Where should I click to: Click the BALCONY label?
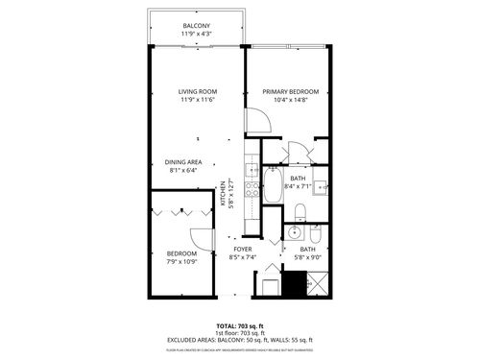click(x=196, y=26)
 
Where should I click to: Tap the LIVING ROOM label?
click(x=196, y=92)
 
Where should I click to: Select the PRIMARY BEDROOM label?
click(x=291, y=92)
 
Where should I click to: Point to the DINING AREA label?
click(x=182, y=162)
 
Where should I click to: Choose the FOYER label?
click(x=241, y=249)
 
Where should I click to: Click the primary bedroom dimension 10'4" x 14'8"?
click(x=291, y=101)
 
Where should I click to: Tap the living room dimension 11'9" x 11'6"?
click(x=196, y=101)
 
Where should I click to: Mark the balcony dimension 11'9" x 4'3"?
click(x=196, y=35)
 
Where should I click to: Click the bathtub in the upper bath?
click(x=272, y=184)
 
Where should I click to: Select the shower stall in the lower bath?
click(x=316, y=284)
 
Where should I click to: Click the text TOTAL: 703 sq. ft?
click(x=240, y=324)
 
